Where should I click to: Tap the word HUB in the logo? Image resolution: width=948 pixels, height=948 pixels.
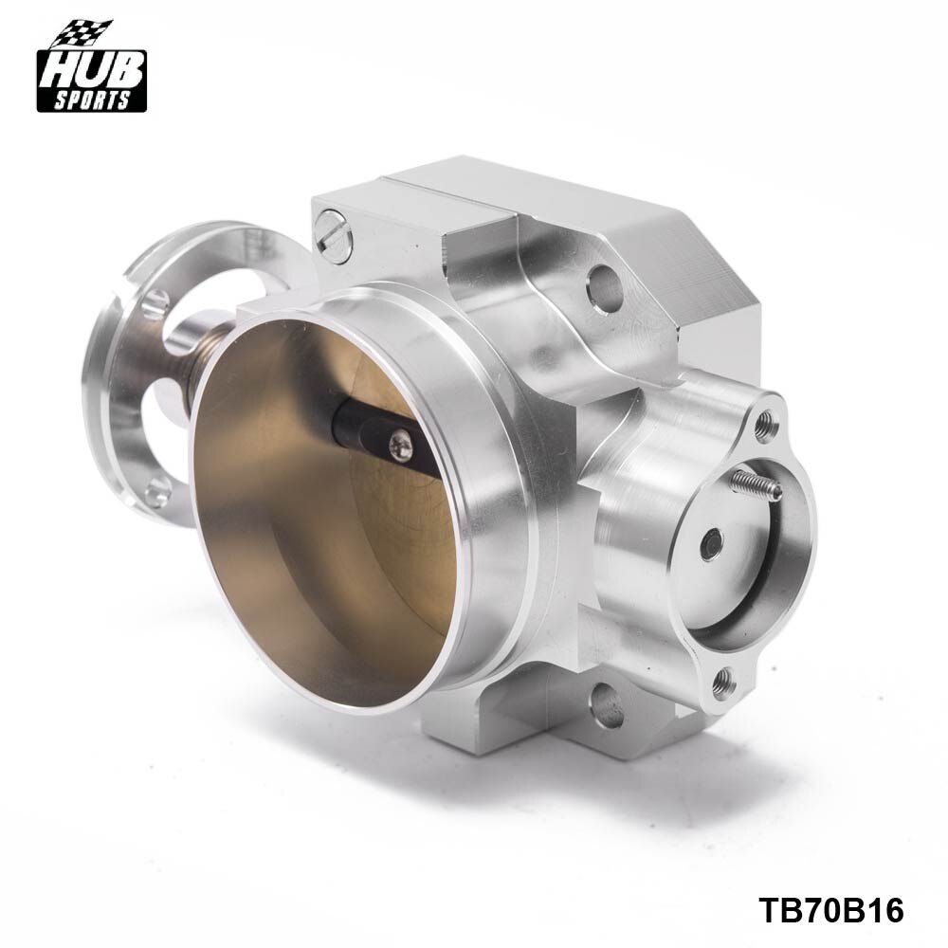[x=91, y=74]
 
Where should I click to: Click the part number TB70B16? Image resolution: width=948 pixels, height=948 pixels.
[x=831, y=911]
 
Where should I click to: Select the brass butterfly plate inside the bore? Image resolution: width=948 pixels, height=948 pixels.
[x=313, y=531]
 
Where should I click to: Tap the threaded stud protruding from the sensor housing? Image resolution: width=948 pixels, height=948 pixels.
[x=758, y=485]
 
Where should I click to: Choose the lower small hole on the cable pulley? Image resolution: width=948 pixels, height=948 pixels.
[x=156, y=489]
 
